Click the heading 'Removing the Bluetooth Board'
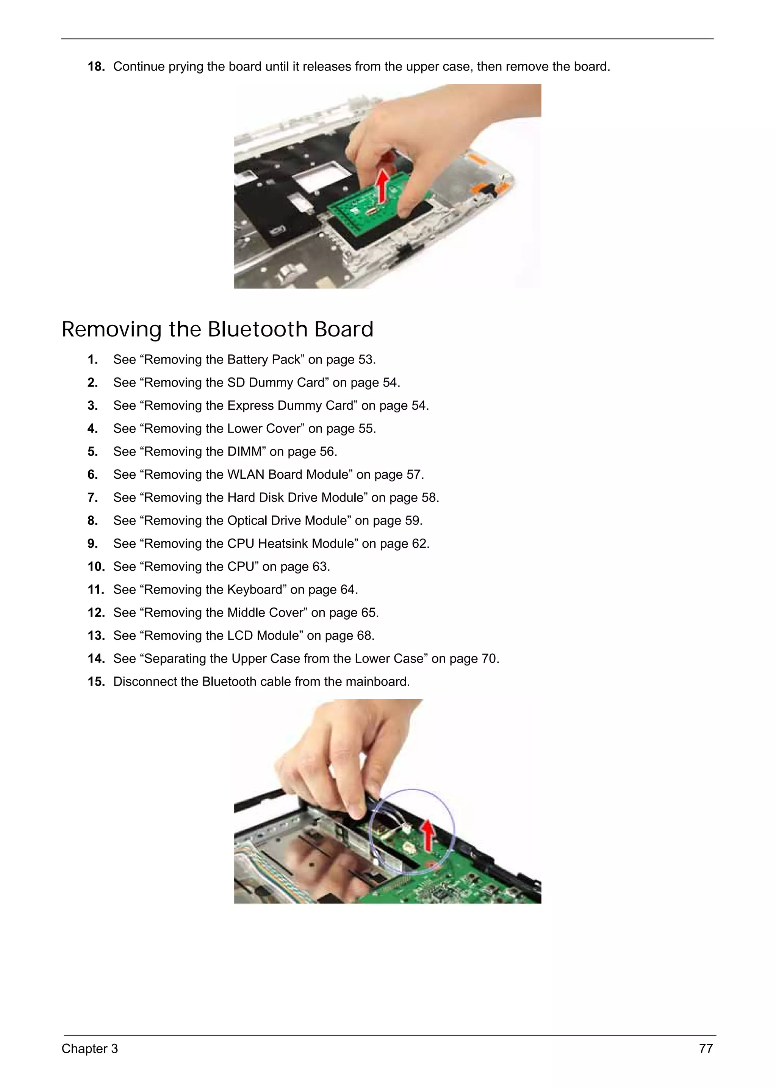point(217,329)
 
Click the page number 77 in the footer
point(706,1049)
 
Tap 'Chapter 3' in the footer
point(89,1049)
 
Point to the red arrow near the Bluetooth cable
point(429,834)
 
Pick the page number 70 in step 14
point(489,659)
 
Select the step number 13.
point(96,636)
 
